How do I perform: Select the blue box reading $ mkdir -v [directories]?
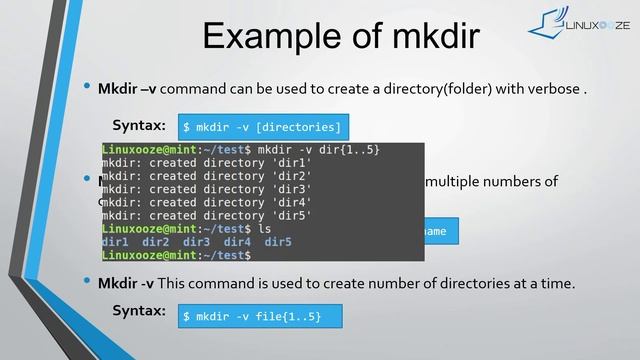coord(262,127)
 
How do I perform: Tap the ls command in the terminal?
coord(264,228)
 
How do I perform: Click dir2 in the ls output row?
coord(156,242)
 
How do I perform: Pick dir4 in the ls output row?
coord(237,242)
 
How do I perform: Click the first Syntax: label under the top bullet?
coord(139,125)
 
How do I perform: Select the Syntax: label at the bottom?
coord(139,311)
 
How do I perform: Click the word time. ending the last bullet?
coord(556,284)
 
